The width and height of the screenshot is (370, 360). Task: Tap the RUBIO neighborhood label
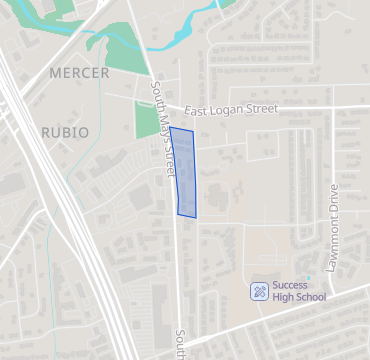pyautogui.click(x=65, y=132)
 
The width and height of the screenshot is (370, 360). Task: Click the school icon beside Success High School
pyautogui.click(x=259, y=291)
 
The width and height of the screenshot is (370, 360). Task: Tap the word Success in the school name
pyautogui.click(x=290, y=285)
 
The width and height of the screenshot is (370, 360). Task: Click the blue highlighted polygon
pyautogui.click(x=184, y=172)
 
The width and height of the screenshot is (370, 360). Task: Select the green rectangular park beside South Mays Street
pyautogui.click(x=148, y=119)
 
